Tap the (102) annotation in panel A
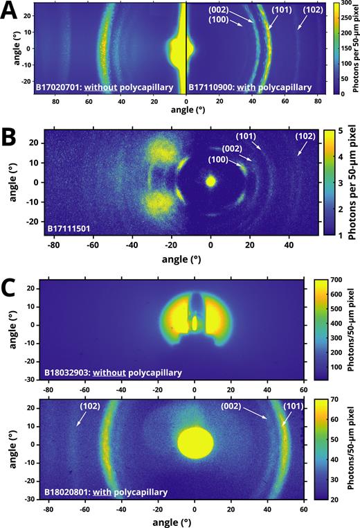(309, 10)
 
